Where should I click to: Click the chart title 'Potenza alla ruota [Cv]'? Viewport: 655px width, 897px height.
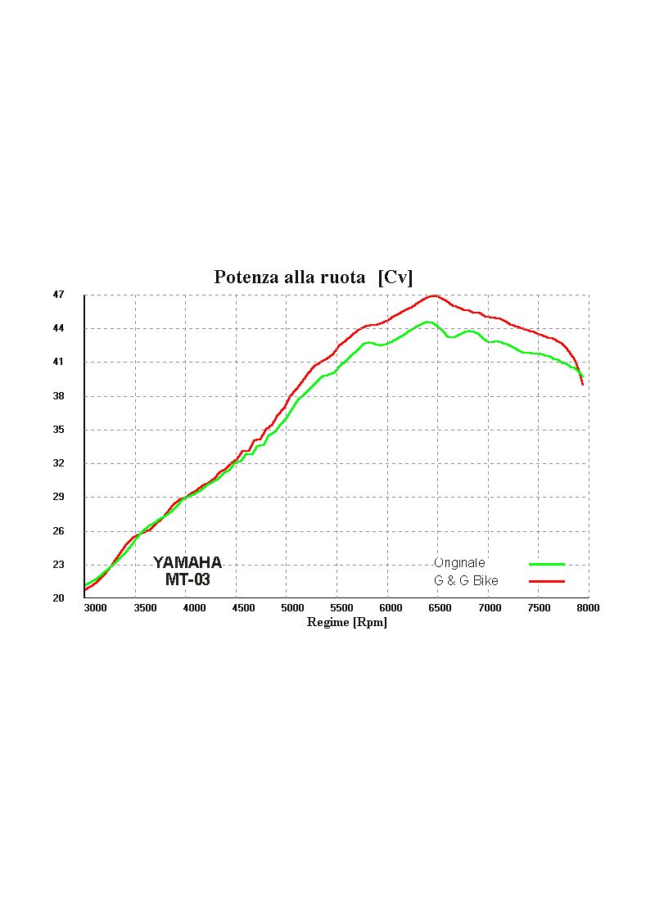[x=314, y=277]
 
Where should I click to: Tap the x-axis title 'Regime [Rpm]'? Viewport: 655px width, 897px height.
[x=346, y=622]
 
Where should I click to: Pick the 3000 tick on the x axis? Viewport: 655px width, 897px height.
[x=95, y=608]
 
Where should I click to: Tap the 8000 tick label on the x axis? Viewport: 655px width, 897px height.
[x=588, y=608]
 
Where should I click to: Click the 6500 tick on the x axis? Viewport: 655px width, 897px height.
[x=440, y=608]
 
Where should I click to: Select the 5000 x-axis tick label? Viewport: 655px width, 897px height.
[x=292, y=608]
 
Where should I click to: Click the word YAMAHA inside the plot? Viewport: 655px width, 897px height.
[x=187, y=563]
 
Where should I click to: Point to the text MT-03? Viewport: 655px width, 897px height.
[x=187, y=580]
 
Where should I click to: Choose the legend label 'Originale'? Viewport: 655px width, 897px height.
[x=459, y=563]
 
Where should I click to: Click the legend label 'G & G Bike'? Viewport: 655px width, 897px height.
[x=466, y=581]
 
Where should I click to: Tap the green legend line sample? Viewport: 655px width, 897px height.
[x=547, y=564]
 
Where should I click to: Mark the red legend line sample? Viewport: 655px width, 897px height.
[x=547, y=581]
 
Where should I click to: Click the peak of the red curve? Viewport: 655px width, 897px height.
[x=434, y=295]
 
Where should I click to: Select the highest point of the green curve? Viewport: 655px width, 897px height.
[x=427, y=322]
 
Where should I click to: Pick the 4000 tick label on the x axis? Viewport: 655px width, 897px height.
[x=194, y=608]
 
